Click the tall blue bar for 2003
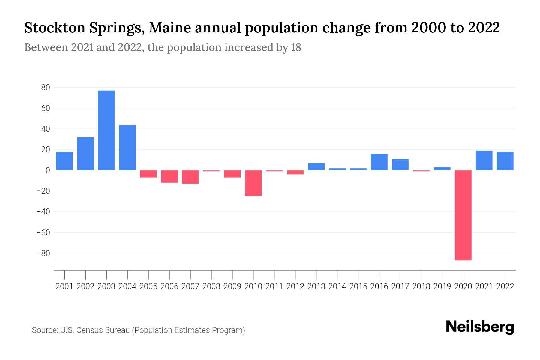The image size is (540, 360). point(106,130)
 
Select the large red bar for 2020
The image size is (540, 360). point(463,215)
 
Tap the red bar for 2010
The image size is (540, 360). point(253,183)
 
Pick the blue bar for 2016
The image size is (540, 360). point(379,162)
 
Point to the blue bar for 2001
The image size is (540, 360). point(64,161)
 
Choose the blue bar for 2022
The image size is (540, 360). point(505,161)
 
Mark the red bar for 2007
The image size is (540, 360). point(190,177)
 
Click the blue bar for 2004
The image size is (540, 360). point(127,147)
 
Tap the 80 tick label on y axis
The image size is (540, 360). point(46,88)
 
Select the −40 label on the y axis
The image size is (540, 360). point(43,212)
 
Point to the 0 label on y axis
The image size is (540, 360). point(48,170)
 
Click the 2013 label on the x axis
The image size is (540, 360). point(316,286)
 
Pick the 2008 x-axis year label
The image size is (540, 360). point(211,286)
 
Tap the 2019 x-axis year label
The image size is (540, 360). point(442,286)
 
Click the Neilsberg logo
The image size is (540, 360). point(480,327)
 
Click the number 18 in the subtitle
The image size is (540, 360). point(296,47)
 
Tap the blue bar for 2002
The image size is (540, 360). point(85,154)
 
